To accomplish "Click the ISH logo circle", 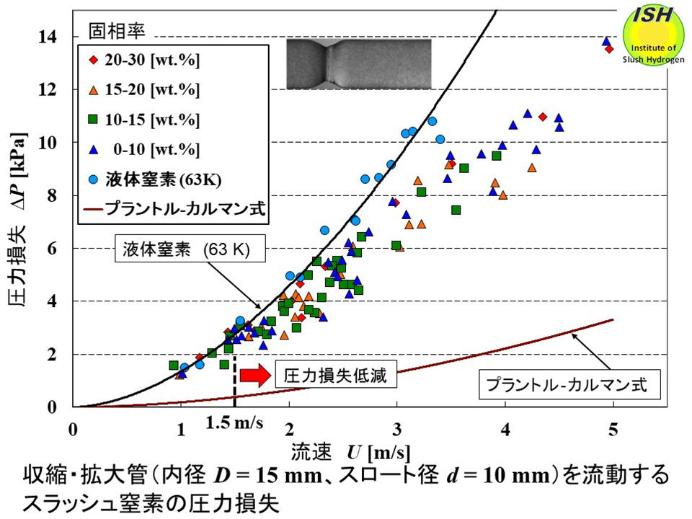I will (x=653, y=36).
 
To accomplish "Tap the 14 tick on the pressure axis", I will (x=58, y=36).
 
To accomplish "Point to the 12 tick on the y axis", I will (x=58, y=89).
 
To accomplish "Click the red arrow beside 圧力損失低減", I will (x=253, y=376).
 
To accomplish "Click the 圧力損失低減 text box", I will (x=336, y=376).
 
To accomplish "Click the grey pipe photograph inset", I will (x=358, y=64).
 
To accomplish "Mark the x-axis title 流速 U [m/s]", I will (x=351, y=453).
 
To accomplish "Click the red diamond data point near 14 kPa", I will (x=609, y=49).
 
